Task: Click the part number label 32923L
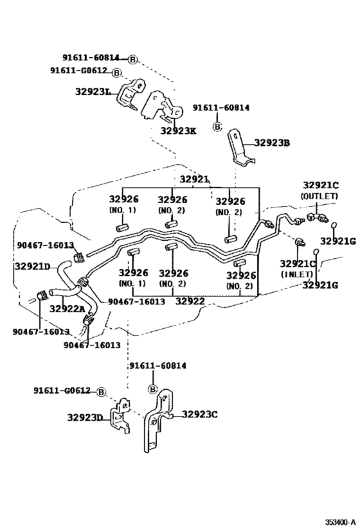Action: (x=93, y=92)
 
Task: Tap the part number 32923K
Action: (x=178, y=131)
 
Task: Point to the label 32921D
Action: (x=32, y=267)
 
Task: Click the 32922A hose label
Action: (x=67, y=309)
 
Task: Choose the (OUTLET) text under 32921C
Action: (x=319, y=197)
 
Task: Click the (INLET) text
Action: (x=297, y=274)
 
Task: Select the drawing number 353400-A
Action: (x=340, y=522)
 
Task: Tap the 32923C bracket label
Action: (x=200, y=415)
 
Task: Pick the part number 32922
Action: (x=190, y=301)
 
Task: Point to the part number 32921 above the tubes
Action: (x=194, y=179)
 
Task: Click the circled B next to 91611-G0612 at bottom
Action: (x=101, y=392)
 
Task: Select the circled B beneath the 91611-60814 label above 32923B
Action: (x=218, y=127)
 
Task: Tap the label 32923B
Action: (x=272, y=143)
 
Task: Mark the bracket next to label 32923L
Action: (x=131, y=94)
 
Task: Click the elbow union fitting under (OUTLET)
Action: (x=316, y=217)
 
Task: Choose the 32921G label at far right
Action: (x=338, y=241)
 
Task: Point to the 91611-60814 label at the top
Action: (x=91, y=58)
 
